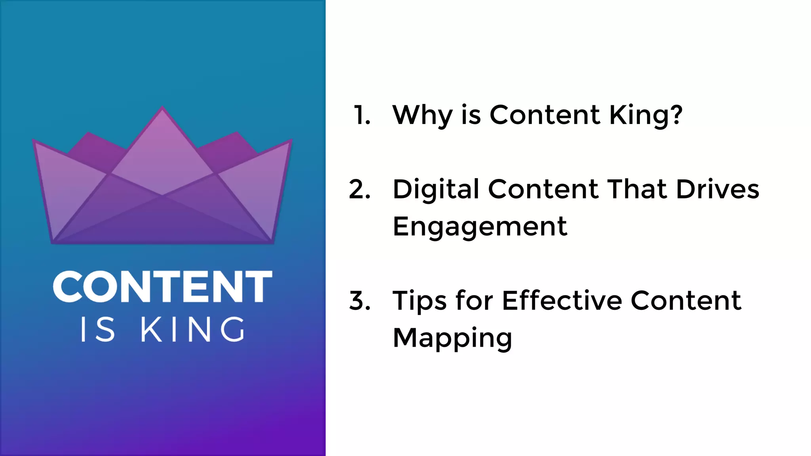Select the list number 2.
pyautogui.click(x=360, y=189)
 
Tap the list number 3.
pyautogui.click(x=360, y=301)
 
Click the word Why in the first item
pyautogui.click(x=422, y=116)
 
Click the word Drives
pyautogui.click(x=718, y=189)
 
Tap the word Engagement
pyautogui.click(x=480, y=227)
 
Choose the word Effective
pyautogui.click(x=562, y=300)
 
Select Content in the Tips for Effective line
pyautogui.click(x=686, y=300)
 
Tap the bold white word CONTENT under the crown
pyautogui.click(x=162, y=287)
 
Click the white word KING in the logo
pyautogui.click(x=193, y=329)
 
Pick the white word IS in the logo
pyautogui.click(x=97, y=329)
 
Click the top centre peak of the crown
pyautogui.click(x=162, y=108)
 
